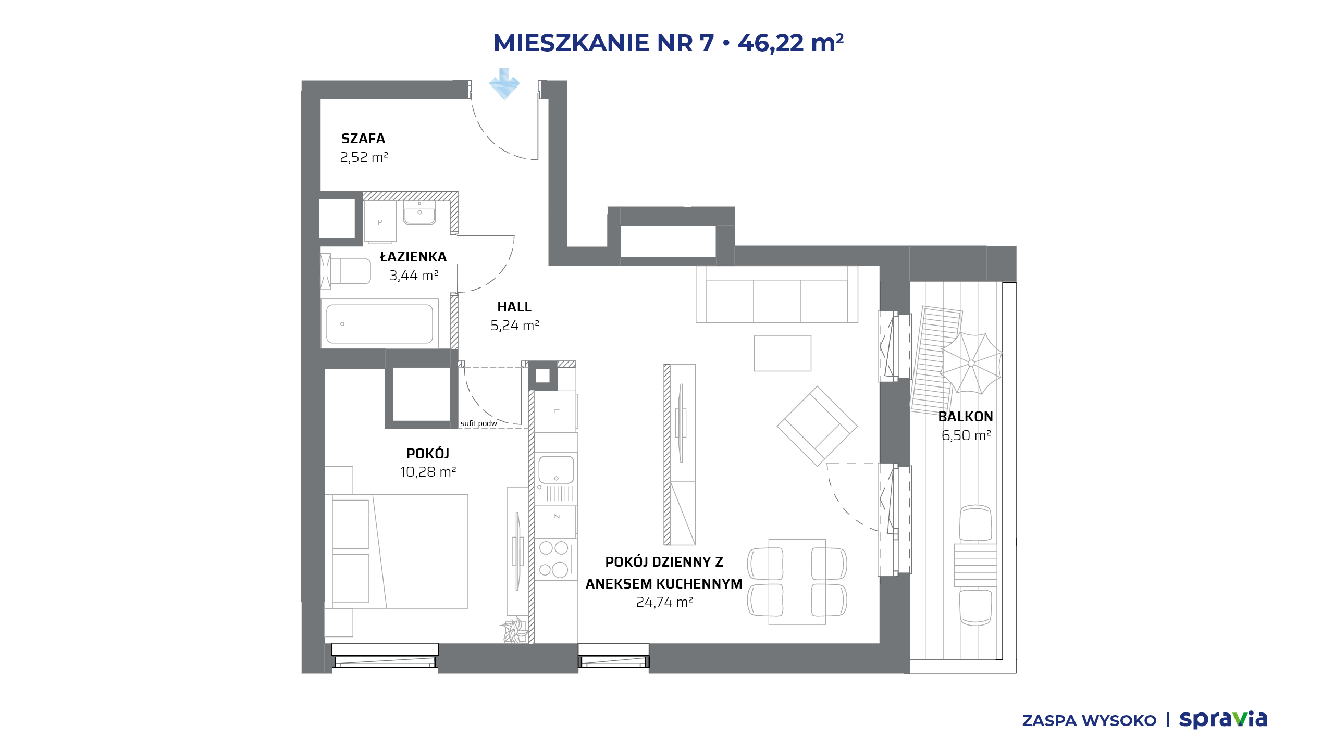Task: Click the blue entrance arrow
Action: coord(504,83)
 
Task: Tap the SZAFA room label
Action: coord(363,139)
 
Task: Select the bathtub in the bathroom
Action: coord(379,324)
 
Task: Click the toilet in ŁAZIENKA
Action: coord(345,271)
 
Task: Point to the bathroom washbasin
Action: coord(419,214)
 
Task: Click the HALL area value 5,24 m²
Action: coord(514,326)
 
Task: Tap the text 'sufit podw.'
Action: coord(479,423)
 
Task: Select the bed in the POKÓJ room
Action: coord(396,552)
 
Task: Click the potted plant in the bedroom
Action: coord(514,631)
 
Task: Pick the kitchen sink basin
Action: coord(556,470)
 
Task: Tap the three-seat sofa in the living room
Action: coord(777,294)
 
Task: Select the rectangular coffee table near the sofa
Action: coord(783,353)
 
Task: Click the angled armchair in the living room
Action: coord(817,426)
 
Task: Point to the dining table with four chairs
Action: coord(797,582)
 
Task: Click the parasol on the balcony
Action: coord(971,363)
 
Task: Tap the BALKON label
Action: coord(966,417)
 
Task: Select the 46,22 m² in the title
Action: coord(790,43)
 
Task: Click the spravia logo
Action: coord(1223,720)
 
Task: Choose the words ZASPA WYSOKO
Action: coord(1089,721)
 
